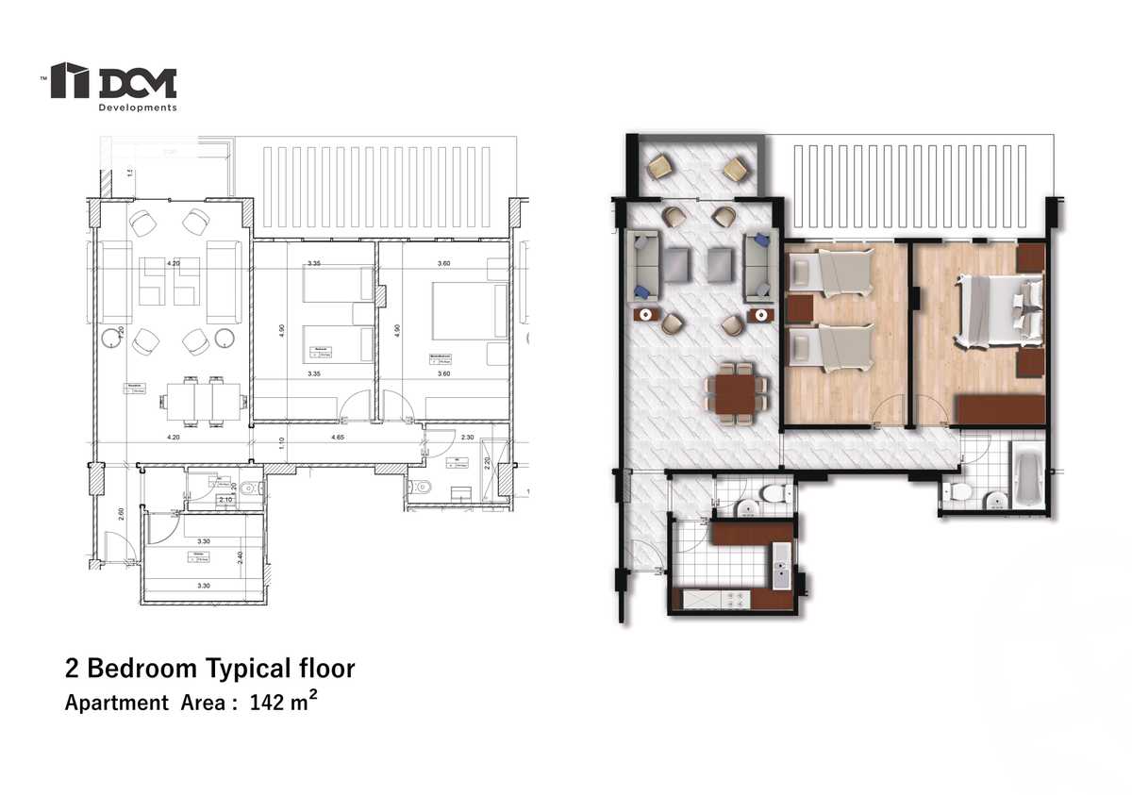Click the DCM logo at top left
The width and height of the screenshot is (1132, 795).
[x=113, y=81]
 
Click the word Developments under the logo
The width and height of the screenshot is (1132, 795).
[x=138, y=108]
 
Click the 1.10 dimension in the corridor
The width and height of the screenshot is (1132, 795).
[x=280, y=439]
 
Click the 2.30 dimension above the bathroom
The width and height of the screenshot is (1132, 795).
[x=467, y=439]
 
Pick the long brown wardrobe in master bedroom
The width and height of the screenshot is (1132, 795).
[x=1000, y=410]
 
